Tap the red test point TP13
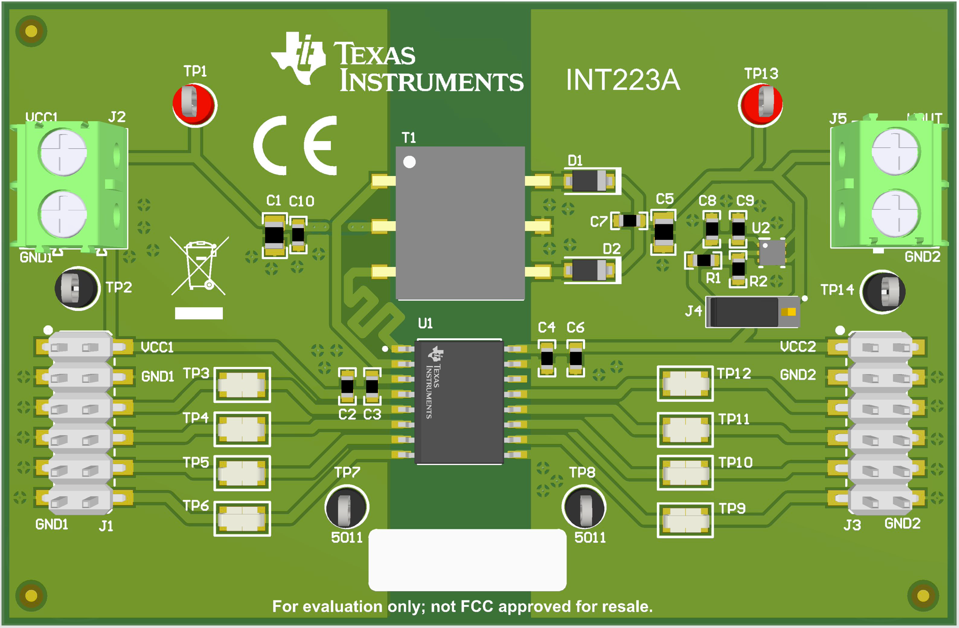click(760, 105)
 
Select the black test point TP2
click(77, 288)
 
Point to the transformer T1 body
click(460, 223)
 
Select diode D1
click(589, 181)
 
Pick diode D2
click(589, 270)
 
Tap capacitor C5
click(664, 232)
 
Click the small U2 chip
click(772, 253)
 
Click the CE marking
click(295, 145)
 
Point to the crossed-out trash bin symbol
click(199, 266)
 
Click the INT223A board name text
click(623, 80)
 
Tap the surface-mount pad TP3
click(242, 385)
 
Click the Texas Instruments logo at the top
click(397, 62)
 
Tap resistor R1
click(704, 260)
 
